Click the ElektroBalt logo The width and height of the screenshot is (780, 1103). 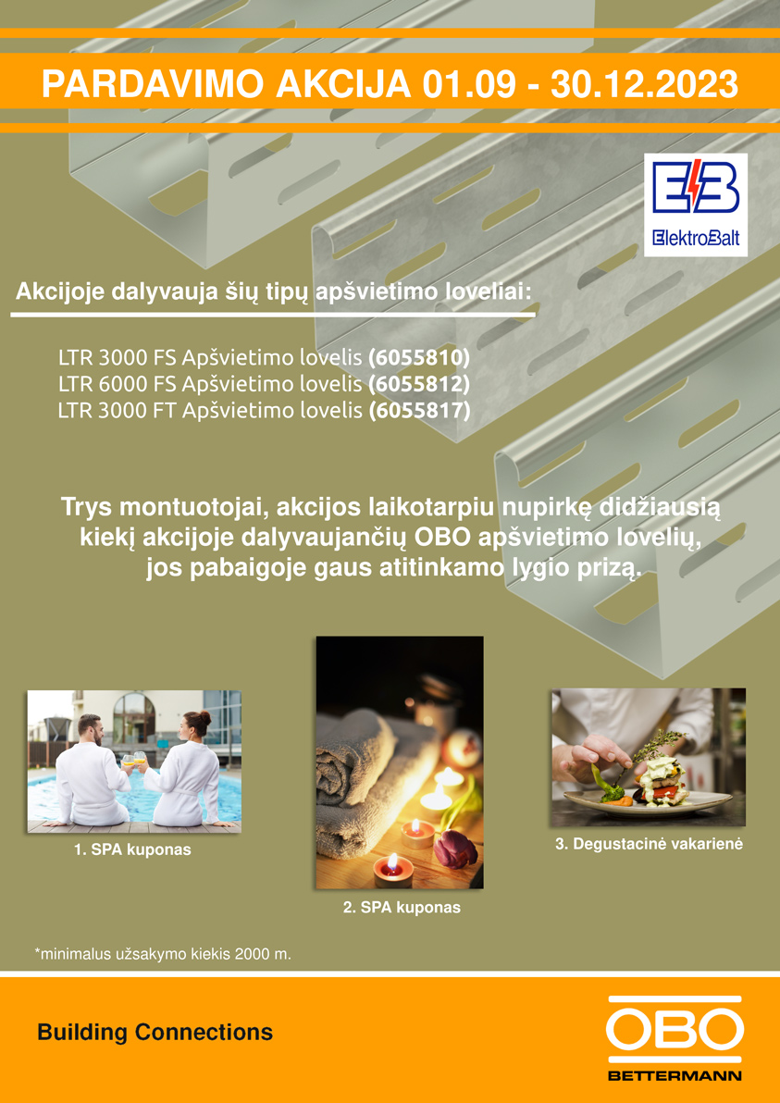tap(696, 204)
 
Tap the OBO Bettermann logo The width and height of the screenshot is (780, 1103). tap(674, 1037)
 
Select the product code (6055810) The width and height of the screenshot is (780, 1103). tap(419, 358)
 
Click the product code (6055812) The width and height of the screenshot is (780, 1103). tap(419, 384)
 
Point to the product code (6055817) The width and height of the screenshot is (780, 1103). tap(419, 410)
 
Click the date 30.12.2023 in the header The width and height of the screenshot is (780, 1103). tap(644, 84)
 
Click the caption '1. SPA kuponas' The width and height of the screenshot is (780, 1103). tap(133, 849)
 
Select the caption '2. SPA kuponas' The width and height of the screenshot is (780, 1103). tap(402, 908)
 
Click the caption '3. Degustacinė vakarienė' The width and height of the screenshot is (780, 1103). tap(649, 844)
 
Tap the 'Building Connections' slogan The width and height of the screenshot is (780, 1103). tap(155, 1033)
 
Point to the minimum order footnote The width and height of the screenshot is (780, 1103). tap(163, 955)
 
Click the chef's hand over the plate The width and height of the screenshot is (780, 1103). tap(594, 756)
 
